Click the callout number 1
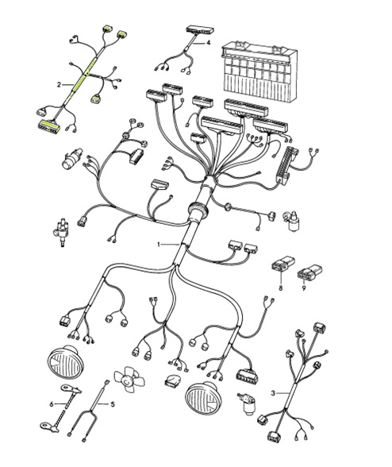tap(159, 245)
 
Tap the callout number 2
tap(59, 83)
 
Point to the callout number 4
tap(208, 43)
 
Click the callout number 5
tap(112, 404)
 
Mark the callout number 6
tap(52, 404)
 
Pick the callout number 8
tap(279, 290)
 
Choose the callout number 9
tap(304, 290)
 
